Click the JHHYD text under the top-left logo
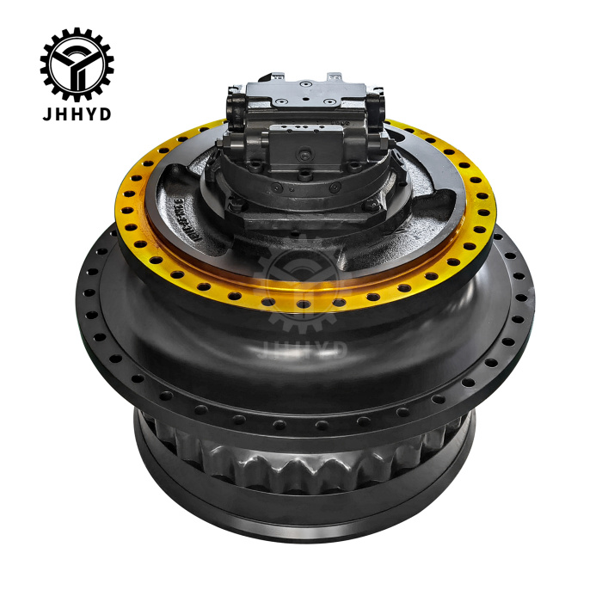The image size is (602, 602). click(x=76, y=114)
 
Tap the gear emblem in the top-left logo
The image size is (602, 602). click(x=76, y=64)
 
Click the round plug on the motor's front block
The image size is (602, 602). click(x=304, y=155)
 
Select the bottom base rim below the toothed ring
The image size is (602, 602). click(x=301, y=516)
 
